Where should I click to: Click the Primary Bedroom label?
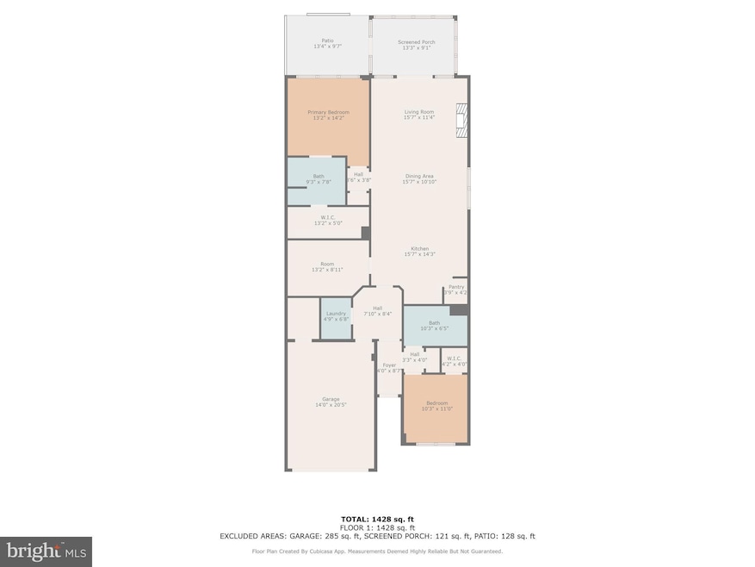click(x=328, y=112)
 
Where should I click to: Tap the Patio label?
click(x=327, y=40)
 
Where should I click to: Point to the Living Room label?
click(x=419, y=112)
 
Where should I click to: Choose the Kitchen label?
click(x=419, y=249)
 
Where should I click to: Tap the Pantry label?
click(x=455, y=288)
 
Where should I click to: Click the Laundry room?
click(x=336, y=316)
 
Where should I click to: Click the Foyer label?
click(x=390, y=367)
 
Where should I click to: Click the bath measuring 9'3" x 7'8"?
click(x=319, y=179)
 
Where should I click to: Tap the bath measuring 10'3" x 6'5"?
click(x=434, y=325)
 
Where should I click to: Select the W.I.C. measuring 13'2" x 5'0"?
click(x=327, y=220)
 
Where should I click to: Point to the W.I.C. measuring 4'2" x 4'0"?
click(x=454, y=359)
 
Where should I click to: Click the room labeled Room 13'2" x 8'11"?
click(x=327, y=267)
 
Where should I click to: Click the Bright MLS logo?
click(x=46, y=550)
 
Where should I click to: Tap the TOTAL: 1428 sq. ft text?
click(x=376, y=520)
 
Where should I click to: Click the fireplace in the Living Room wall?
click(x=462, y=121)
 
